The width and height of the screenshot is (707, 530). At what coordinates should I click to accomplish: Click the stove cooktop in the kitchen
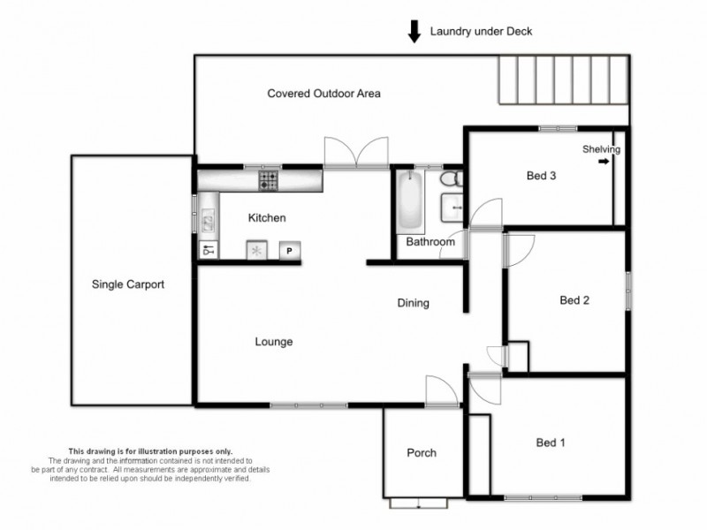268,181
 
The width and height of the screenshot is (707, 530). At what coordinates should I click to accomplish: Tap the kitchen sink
208,219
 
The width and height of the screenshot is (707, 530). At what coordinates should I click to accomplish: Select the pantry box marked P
290,251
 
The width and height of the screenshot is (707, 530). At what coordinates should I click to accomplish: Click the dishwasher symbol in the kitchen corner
209,251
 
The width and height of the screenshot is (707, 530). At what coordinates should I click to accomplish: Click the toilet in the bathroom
452,179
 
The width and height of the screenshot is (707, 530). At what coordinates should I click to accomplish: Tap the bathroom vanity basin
453,208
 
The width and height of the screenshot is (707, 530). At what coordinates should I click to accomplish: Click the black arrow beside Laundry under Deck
414,32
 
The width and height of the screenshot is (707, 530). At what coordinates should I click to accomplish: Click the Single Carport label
128,284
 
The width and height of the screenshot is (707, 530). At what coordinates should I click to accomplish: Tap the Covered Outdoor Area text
323,93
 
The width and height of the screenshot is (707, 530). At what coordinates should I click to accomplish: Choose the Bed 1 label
551,443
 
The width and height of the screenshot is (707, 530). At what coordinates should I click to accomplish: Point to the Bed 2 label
574,300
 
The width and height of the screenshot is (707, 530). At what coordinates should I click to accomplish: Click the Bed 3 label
541,176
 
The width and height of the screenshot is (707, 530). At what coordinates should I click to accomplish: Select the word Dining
413,303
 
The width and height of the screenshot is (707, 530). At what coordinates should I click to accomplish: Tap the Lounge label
273,342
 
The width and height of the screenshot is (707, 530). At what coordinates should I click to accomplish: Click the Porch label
422,453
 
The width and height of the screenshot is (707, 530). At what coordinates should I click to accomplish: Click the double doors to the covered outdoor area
355,152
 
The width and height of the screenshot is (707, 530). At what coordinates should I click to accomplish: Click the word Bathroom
430,242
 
